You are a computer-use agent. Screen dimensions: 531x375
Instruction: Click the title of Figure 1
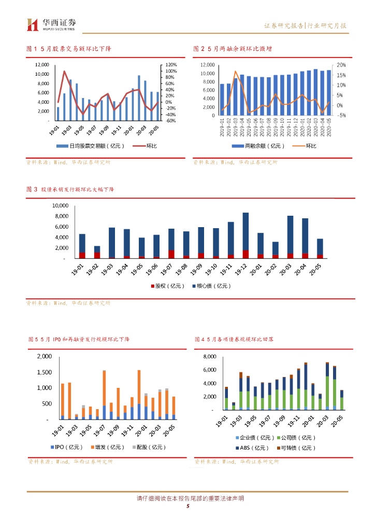click(69, 48)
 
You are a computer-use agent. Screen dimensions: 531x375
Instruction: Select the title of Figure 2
click(234, 48)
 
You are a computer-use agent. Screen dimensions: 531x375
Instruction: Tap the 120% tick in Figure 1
click(171, 65)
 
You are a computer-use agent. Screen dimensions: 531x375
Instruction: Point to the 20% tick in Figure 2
click(341, 65)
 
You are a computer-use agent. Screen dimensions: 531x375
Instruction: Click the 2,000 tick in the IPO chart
click(45, 357)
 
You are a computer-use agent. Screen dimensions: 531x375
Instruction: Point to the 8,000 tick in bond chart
click(208, 357)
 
